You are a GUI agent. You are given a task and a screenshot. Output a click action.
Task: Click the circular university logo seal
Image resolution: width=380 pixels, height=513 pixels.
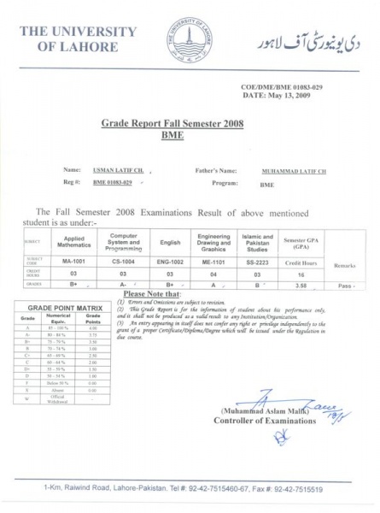point(190,39)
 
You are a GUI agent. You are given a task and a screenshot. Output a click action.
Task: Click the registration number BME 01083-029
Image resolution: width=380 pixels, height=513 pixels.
point(112,183)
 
